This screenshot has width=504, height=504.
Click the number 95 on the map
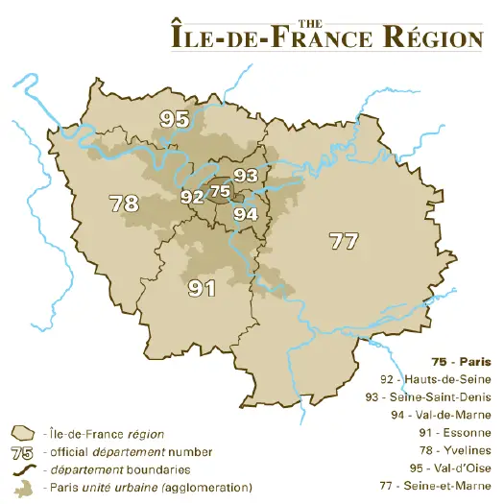175,119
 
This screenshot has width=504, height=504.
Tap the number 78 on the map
124,204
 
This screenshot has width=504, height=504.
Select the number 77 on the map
343,241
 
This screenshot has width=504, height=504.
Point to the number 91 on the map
201,287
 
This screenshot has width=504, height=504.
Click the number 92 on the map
192,197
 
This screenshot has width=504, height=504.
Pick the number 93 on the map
246,175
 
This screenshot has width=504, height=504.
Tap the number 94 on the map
246,214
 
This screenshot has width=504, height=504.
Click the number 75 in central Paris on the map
220,191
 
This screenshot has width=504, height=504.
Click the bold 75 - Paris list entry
461,362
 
